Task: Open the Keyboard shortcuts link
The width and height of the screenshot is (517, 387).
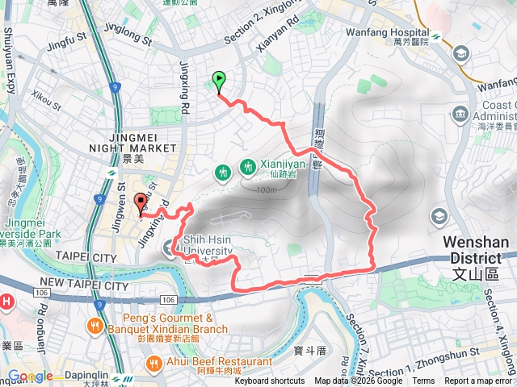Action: point(270,381)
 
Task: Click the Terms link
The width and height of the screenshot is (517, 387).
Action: point(423,381)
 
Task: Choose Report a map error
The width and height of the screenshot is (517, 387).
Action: point(478,381)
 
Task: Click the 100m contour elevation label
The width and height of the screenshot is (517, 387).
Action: point(264,190)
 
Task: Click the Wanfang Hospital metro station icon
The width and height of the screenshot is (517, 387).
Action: point(434,36)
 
